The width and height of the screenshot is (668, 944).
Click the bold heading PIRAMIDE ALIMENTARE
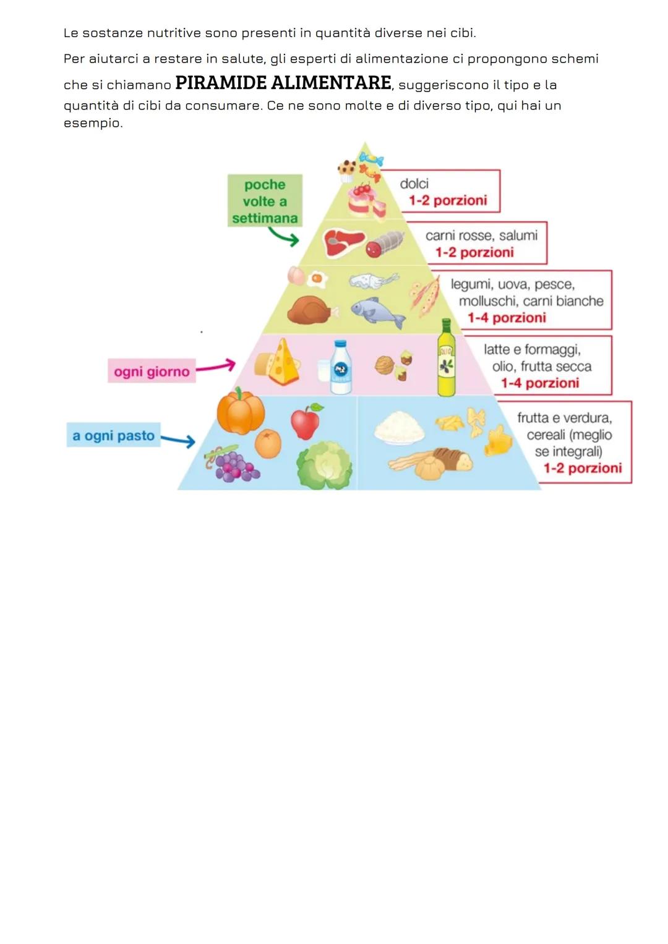[x=283, y=83]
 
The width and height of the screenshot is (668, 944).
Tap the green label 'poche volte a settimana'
[x=265, y=201]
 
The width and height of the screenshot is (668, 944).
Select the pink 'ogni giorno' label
[x=152, y=372]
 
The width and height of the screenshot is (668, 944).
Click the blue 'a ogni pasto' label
[x=113, y=435]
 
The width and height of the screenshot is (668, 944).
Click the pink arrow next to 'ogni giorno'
[x=216, y=367]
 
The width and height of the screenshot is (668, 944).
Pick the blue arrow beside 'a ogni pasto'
[x=179, y=440]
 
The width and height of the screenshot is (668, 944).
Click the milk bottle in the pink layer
[x=340, y=367]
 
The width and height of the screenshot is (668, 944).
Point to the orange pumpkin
[x=241, y=412]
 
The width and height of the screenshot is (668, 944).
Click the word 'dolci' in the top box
[x=414, y=184]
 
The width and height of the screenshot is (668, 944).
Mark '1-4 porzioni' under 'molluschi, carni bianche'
[x=507, y=318]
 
